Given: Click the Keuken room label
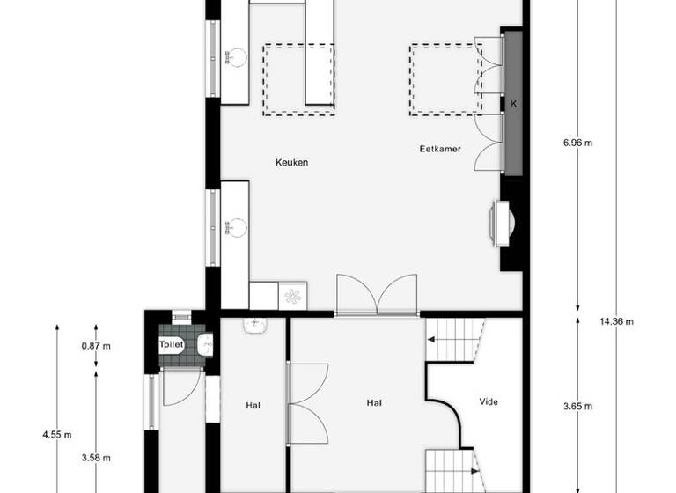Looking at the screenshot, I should click(x=291, y=163).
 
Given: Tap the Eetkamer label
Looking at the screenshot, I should click(x=440, y=150).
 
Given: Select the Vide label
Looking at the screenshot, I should click(x=489, y=402).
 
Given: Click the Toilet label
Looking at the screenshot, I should click(x=172, y=346).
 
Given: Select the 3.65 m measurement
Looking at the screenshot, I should click(x=577, y=406).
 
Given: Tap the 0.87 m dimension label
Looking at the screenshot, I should click(x=96, y=346).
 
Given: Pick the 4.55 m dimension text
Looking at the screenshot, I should click(x=57, y=434).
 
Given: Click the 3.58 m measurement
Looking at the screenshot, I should click(x=96, y=457).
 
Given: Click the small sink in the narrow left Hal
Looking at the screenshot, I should click(x=256, y=323).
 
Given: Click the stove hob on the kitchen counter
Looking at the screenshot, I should click(x=292, y=294).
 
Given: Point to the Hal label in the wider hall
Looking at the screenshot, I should click(x=374, y=402).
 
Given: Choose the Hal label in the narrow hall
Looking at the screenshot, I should click(x=253, y=406).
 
